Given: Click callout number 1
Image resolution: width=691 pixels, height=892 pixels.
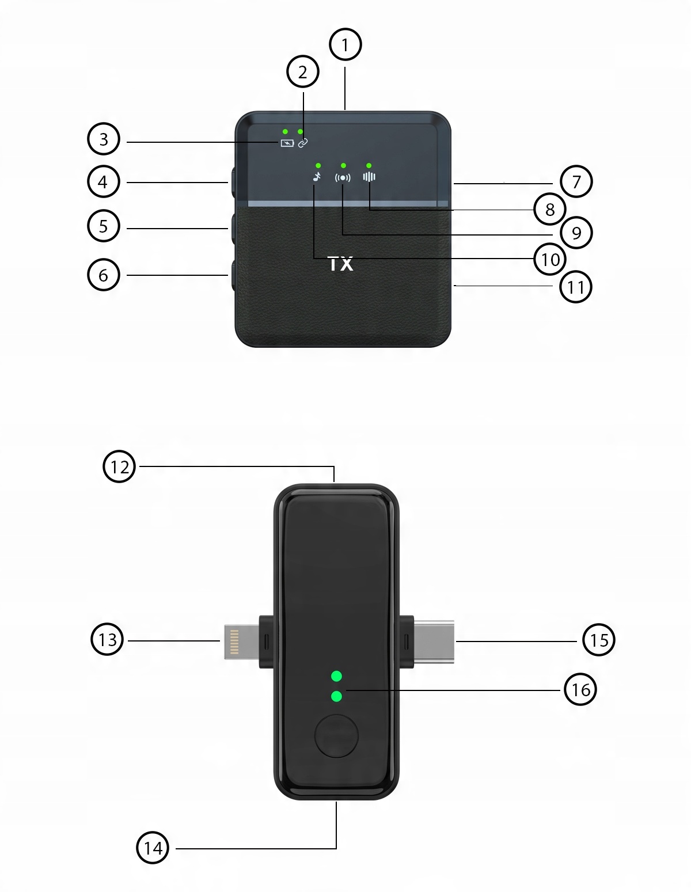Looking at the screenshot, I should click(345, 44).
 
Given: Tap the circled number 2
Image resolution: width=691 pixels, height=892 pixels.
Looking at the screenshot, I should click(302, 72).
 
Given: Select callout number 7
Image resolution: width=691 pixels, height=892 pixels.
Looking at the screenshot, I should click(575, 181).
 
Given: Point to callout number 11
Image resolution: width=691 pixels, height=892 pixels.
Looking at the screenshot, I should click(575, 287).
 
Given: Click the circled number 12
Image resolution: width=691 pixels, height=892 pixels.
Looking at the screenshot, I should click(119, 466).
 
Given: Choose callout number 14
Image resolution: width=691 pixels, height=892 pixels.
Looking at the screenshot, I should click(153, 848).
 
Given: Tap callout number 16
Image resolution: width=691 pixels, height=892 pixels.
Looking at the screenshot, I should click(580, 689).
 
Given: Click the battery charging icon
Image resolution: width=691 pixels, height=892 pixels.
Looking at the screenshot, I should click(287, 143).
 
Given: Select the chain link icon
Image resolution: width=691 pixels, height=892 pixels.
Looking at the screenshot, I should click(303, 143).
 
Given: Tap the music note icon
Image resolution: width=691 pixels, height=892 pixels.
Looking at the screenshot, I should click(316, 177).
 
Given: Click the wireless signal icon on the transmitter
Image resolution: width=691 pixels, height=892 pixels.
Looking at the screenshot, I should click(343, 177).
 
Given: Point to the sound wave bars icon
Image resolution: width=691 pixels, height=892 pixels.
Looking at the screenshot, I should click(369, 177).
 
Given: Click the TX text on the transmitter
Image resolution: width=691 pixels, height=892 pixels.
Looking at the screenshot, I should click(340, 264).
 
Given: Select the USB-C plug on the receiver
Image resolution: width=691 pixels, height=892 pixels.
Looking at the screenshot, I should click(435, 641).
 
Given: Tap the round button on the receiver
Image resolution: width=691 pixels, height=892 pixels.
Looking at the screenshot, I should click(336, 735).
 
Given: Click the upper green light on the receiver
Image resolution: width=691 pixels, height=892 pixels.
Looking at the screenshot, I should click(337, 676).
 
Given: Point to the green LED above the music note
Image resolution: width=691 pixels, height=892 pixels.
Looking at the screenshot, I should click(318, 166).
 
